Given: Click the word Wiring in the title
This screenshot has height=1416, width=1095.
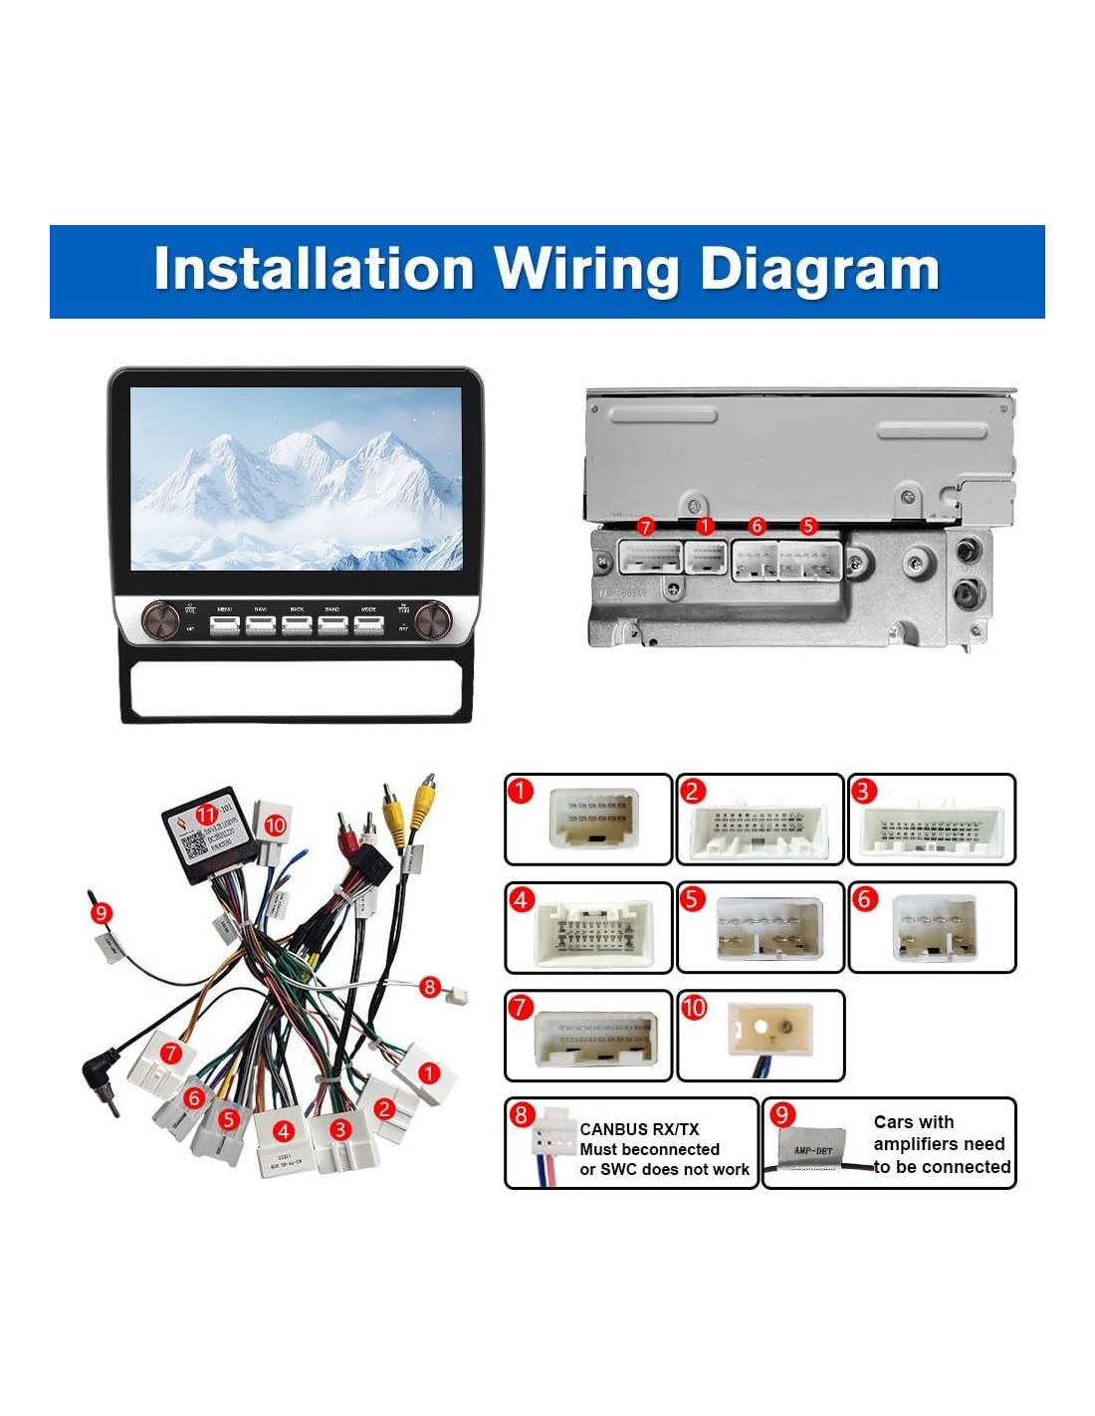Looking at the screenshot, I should tap(585, 270).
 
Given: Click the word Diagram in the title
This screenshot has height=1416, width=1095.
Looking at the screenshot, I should tap(819, 270).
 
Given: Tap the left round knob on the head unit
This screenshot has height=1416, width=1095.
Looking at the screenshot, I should tap(156, 618).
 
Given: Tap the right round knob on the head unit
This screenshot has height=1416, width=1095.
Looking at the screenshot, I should tap(435, 618).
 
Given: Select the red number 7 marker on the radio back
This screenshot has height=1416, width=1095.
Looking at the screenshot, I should tap(646, 526).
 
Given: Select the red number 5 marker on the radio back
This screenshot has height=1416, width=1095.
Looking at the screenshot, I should tap(808, 525).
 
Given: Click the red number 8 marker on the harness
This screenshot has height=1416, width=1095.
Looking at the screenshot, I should tap(430, 987).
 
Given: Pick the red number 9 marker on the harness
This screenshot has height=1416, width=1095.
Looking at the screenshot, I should tap(101, 912).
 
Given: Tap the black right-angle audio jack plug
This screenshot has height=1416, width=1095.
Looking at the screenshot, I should tap(99, 1077).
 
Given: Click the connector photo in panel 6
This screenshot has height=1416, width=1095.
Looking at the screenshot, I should tap(934, 927).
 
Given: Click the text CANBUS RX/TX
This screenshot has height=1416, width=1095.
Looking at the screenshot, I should tap(639, 1129).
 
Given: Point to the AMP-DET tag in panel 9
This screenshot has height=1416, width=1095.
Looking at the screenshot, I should tap(813, 1150).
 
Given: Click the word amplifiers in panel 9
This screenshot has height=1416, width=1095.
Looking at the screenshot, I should tap(939, 1144).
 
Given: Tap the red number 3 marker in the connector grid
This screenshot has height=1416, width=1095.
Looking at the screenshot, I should tap(864, 792).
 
